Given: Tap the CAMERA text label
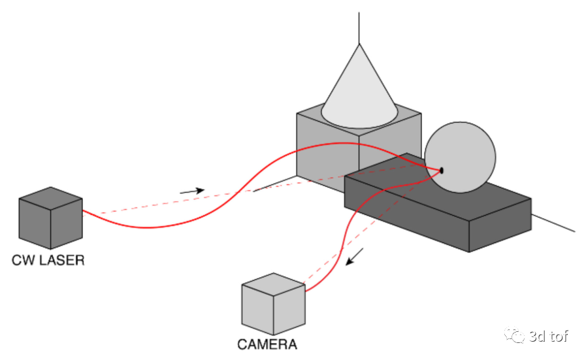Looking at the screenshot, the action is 267,344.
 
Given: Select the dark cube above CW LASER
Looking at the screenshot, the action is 50,218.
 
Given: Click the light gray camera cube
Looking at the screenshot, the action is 274,304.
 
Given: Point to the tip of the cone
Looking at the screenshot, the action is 359,44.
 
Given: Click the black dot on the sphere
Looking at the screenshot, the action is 442,171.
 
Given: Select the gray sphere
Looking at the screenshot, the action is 460,157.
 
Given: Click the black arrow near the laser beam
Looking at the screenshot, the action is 192,191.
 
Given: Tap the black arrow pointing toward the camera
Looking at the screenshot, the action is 354,257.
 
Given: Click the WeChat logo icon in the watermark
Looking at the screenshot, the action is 514,335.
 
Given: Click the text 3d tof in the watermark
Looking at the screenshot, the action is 548,336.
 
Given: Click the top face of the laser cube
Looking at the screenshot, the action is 50,198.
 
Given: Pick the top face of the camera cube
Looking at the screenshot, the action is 274,284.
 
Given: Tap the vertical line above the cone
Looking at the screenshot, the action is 359,28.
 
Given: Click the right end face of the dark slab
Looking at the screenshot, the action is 500,225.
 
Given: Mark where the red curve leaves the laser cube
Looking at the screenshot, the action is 82,210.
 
